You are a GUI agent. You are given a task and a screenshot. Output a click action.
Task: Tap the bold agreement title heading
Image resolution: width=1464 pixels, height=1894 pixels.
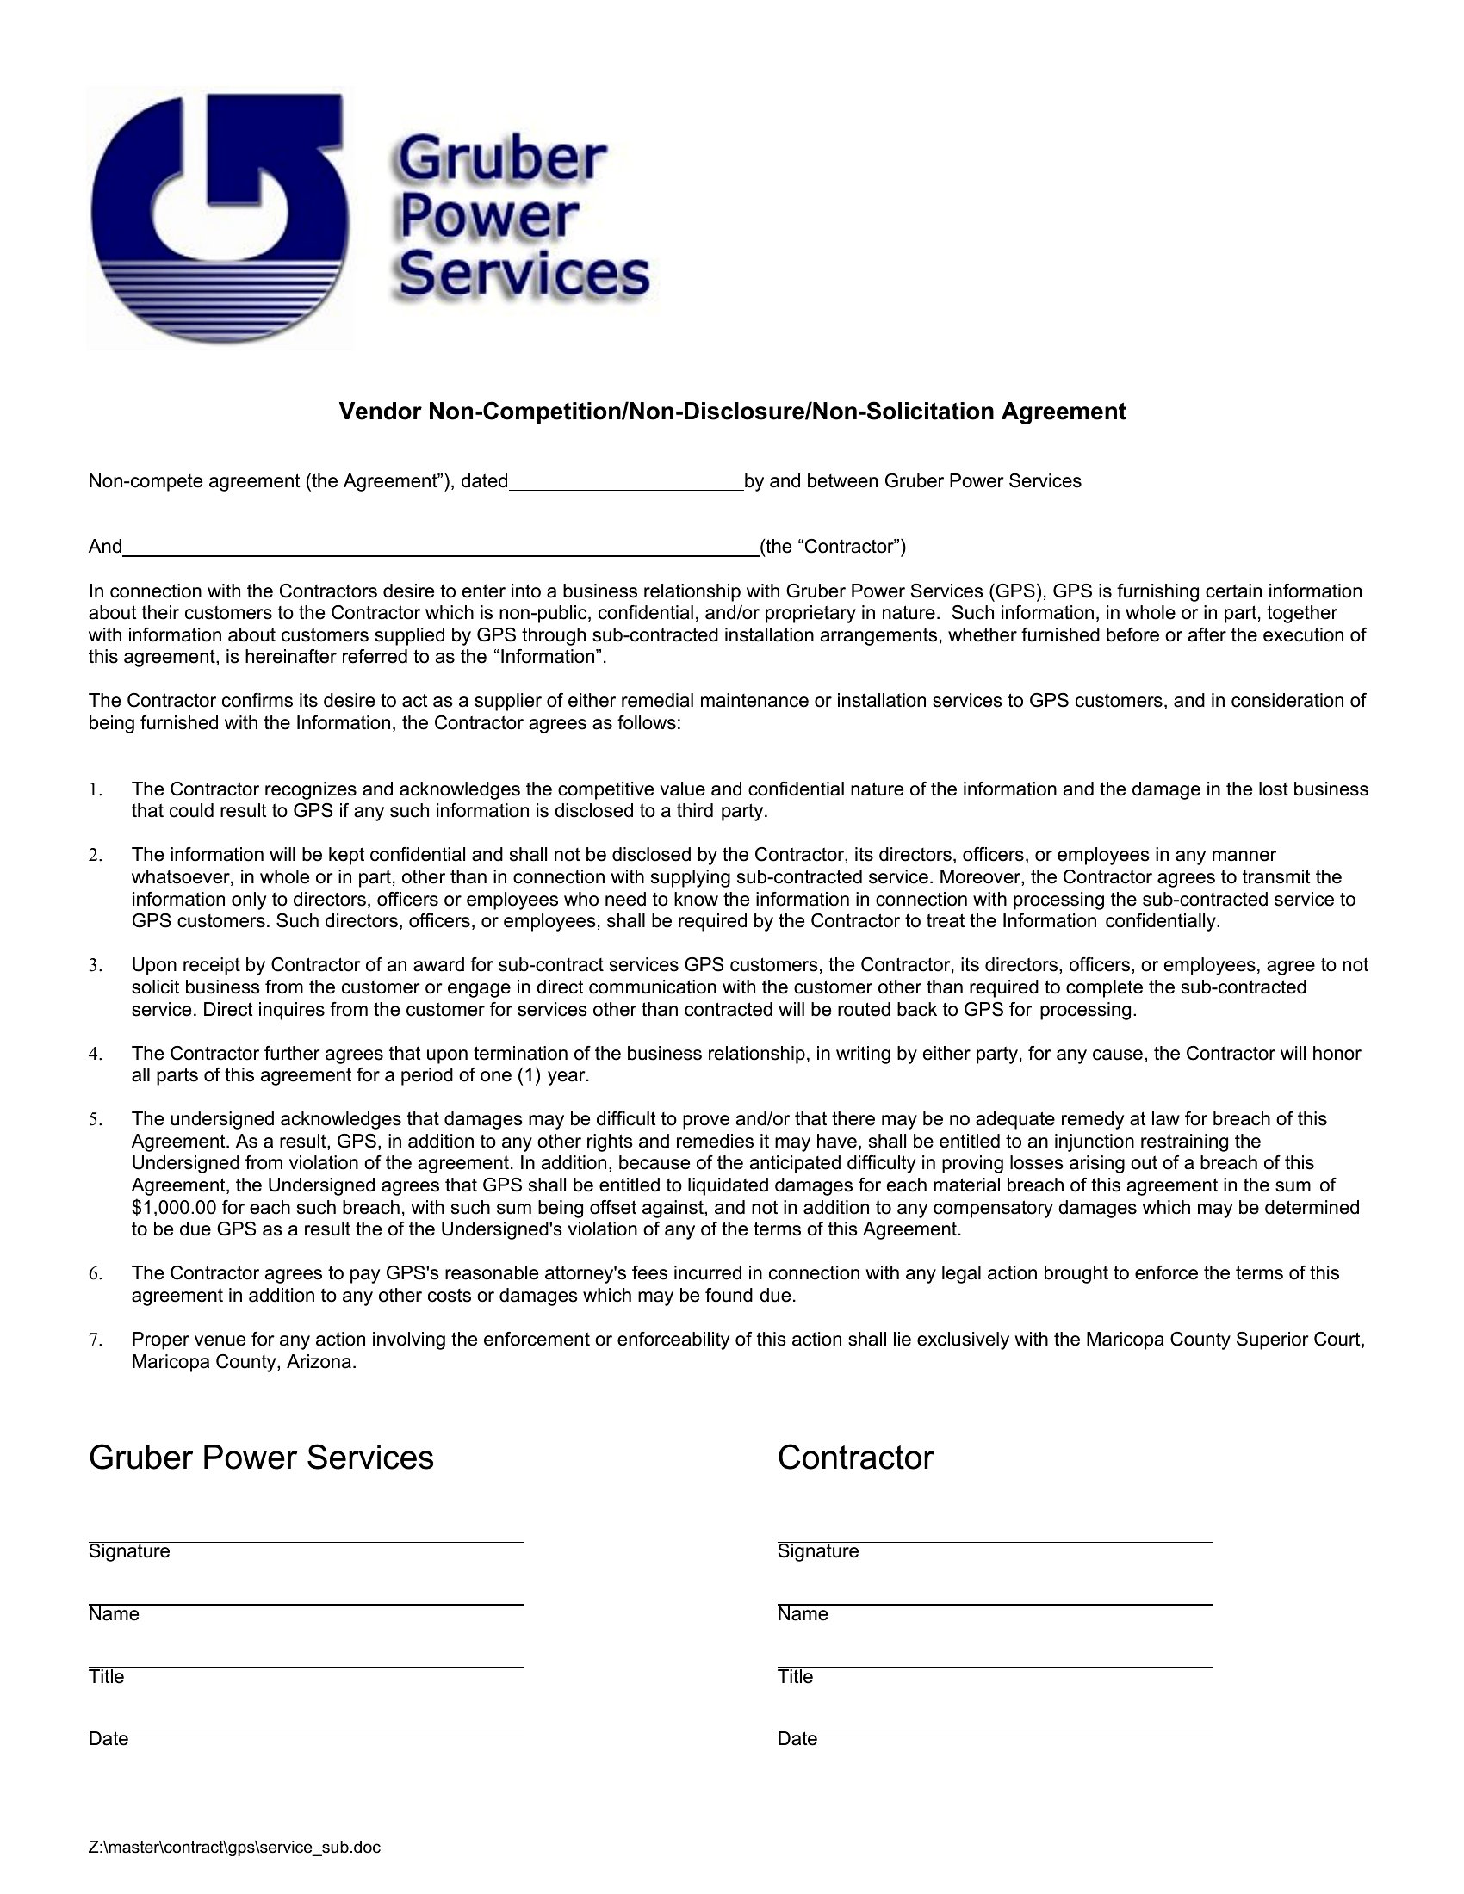click(732, 411)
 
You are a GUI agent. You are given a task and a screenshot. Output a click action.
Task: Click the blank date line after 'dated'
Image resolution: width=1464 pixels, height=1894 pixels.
click(625, 483)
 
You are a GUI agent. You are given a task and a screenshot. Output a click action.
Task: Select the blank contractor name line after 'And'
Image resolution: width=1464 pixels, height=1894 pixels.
click(441, 548)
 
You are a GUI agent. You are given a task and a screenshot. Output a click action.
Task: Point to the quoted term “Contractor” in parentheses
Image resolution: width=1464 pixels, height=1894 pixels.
click(833, 547)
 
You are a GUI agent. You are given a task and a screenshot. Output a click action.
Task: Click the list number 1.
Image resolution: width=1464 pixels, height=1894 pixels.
click(95, 790)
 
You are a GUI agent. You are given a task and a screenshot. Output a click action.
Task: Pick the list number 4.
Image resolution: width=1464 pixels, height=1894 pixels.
click(95, 1055)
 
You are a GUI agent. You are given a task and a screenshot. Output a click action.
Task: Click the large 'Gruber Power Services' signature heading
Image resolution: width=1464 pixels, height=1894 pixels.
click(261, 1458)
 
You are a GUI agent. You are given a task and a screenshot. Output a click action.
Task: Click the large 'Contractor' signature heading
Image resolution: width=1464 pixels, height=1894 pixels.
click(855, 1458)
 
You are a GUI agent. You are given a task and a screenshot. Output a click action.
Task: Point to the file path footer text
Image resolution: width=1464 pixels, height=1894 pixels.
click(234, 1848)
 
